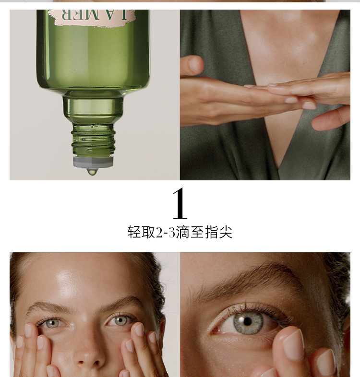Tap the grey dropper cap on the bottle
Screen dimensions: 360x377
pyautogui.click(x=93, y=162)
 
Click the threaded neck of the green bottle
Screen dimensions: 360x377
pyautogui.click(x=94, y=140)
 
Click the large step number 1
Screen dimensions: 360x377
pyautogui.click(x=180, y=203)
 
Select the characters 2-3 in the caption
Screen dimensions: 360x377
pyautogui.click(x=165, y=233)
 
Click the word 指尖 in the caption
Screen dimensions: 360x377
pyautogui.click(x=218, y=232)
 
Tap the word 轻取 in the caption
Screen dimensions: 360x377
pyautogui.click(x=141, y=232)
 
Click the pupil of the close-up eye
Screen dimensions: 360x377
pyautogui.click(x=247, y=321)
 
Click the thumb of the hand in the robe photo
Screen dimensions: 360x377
pyautogui.click(x=192, y=65)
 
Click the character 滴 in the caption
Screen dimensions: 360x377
pyautogui.click(x=183, y=232)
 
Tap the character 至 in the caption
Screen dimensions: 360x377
pyautogui.click(x=197, y=232)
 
